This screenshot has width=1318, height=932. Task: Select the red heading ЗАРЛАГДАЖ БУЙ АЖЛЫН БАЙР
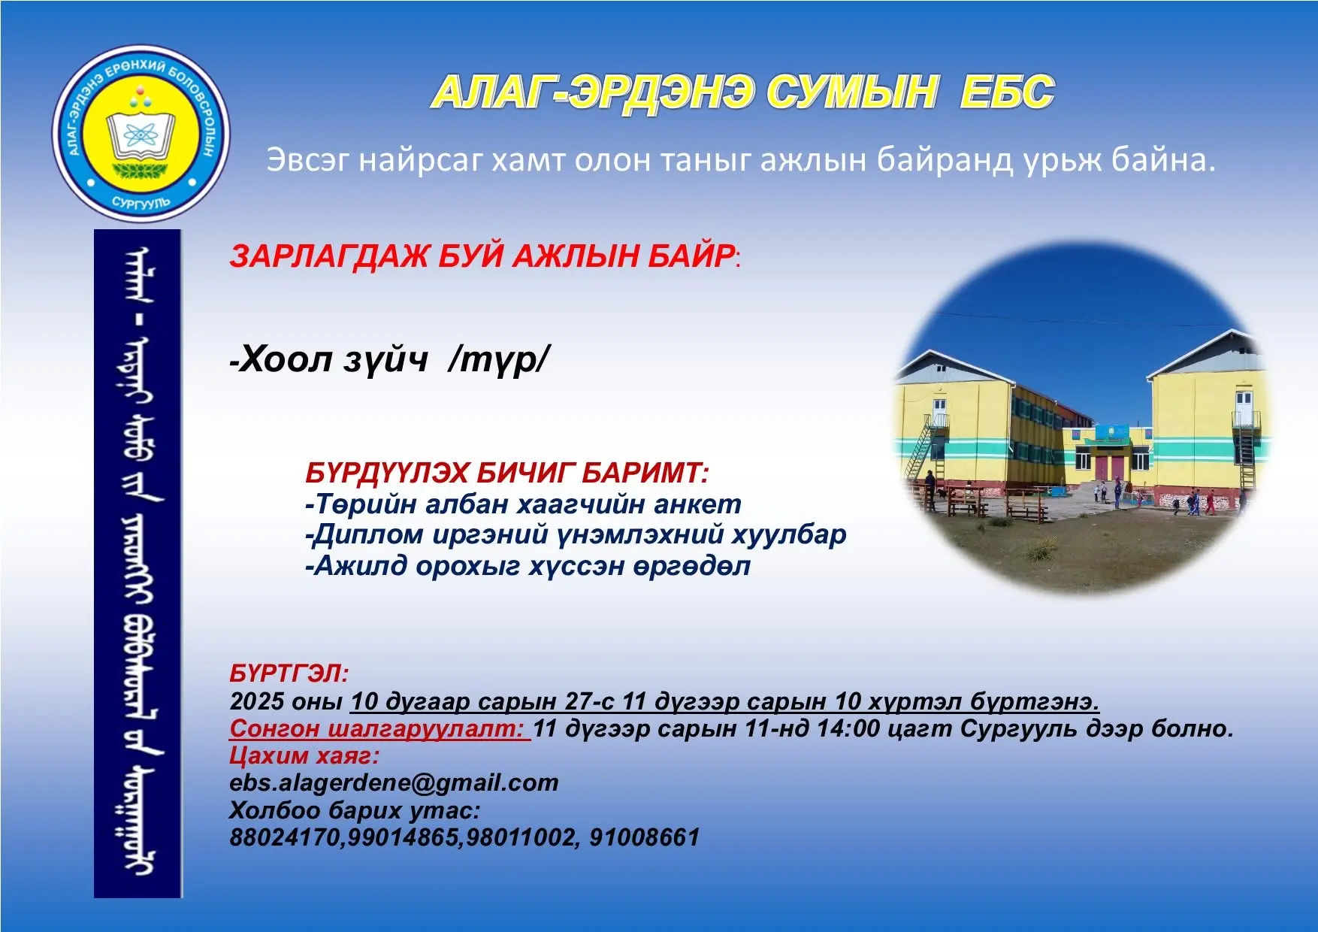482,256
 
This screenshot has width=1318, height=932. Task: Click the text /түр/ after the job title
497,361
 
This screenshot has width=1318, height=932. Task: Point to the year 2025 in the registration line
257,701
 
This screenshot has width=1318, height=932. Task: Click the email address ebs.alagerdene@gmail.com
394,783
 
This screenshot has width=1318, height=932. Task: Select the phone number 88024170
285,837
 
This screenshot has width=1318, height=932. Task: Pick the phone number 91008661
644,837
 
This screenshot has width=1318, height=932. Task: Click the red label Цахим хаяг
304,755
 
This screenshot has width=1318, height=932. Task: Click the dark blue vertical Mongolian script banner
138,564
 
